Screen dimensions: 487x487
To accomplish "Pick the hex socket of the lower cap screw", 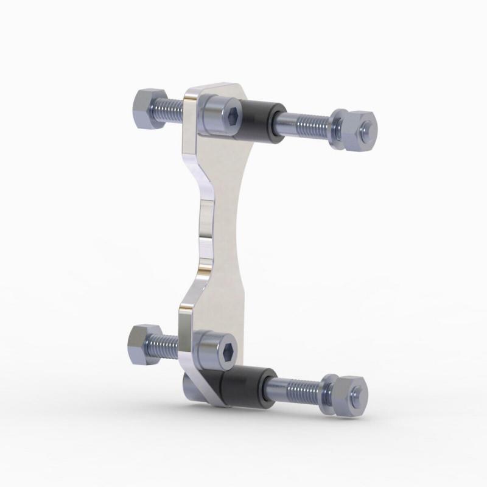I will tap(229, 351).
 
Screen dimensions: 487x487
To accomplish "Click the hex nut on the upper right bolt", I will tap(360, 129).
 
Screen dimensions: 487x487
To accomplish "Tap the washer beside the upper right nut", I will tap(338, 126).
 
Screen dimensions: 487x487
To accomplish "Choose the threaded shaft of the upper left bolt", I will tap(172, 110).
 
